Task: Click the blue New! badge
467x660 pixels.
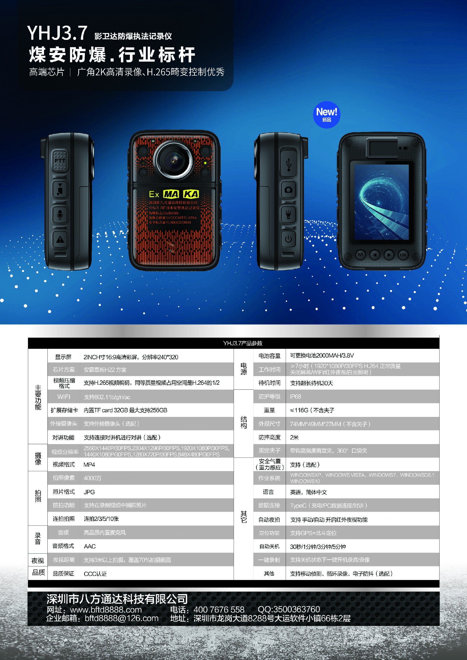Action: [326, 115]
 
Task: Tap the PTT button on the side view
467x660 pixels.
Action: [60, 160]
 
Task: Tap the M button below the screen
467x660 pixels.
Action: [360, 255]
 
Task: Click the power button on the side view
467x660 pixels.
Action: [288, 239]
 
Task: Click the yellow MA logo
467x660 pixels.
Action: [171, 194]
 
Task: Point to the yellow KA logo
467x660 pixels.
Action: [191, 194]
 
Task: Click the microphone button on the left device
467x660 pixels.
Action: [60, 214]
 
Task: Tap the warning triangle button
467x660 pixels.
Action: [60, 239]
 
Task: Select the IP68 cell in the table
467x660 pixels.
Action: [295, 397]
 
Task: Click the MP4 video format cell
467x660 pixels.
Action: [89, 465]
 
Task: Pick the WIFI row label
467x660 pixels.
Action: [63, 397]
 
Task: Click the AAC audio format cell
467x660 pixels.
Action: [90, 546]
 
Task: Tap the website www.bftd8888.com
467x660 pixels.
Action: [106, 609]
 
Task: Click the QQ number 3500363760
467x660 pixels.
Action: [289, 609]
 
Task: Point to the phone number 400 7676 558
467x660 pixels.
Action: [219, 609]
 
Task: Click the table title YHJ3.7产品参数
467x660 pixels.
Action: [243, 343]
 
